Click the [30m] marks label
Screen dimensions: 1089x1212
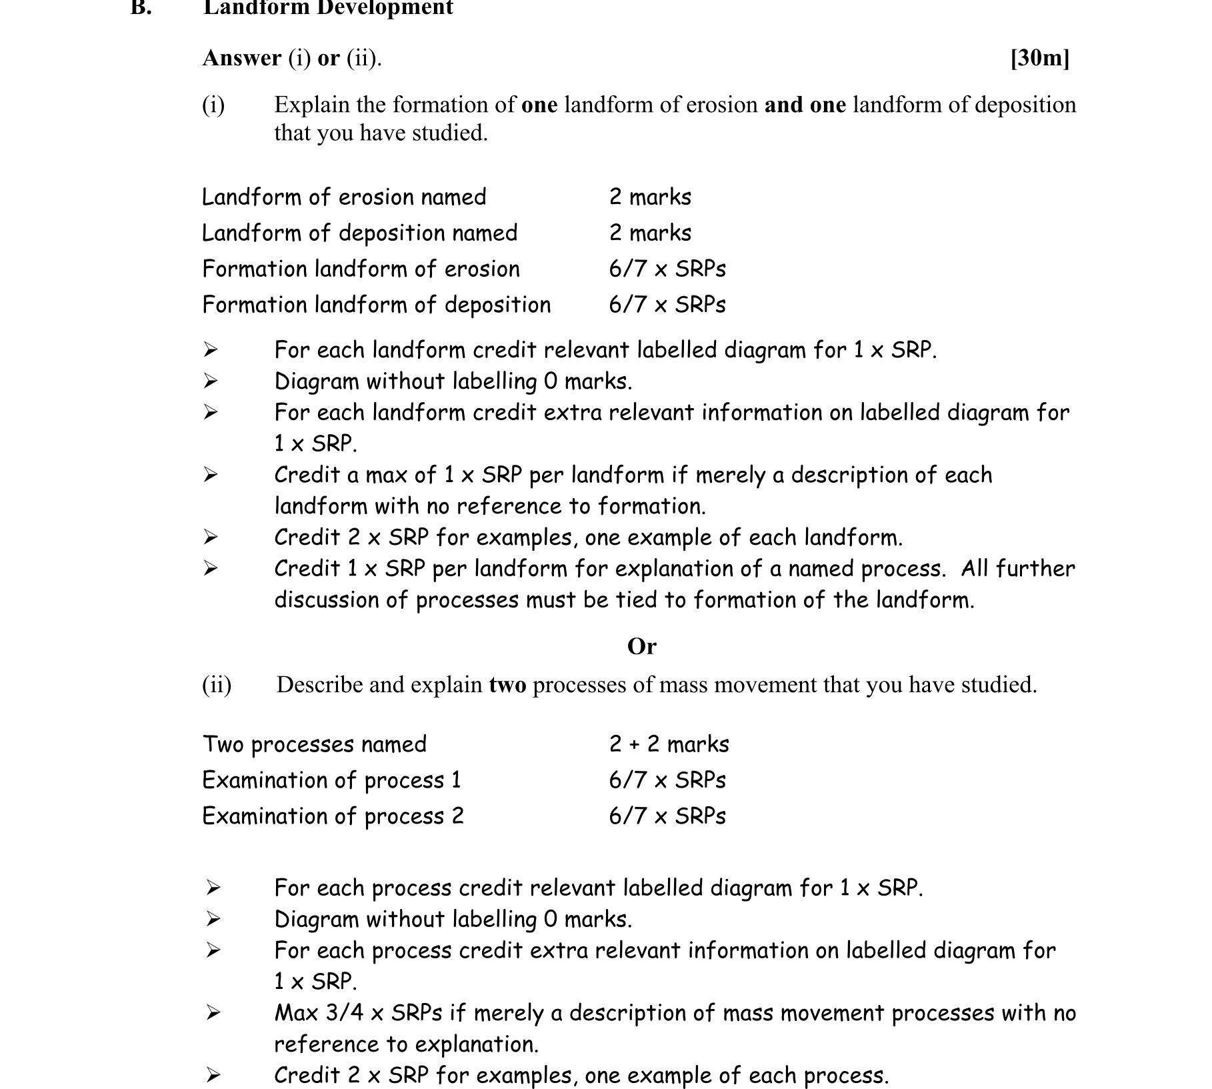[x=1039, y=59]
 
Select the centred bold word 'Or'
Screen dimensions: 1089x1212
[x=641, y=646]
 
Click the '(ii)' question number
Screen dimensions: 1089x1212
[x=217, y=685]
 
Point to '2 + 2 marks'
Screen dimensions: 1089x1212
[x=669, y=744]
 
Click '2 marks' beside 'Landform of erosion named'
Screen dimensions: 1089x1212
[x=650, y=197]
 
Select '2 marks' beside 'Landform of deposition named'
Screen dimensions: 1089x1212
[x=650, y=233]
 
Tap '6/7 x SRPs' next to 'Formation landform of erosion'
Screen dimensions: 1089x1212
[x=667, y=269]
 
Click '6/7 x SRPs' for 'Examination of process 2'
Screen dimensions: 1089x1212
[x=667, y=816]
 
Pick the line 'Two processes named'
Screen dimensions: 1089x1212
[x=314, y=744]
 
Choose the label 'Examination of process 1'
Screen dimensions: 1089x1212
[x=331, y=780]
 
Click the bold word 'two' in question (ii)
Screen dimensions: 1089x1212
[x=507, y=686]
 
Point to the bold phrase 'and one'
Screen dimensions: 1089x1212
[x=805, y=105]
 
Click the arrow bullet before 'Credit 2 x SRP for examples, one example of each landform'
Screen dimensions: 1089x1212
[x=211, y=537]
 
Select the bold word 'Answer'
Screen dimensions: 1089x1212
[x=242, y=59]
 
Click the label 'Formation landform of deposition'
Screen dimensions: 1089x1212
[x=377, y=305]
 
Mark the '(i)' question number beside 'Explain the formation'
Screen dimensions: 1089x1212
[x=213, y=105]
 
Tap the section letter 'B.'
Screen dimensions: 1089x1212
[x=141, y=8]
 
